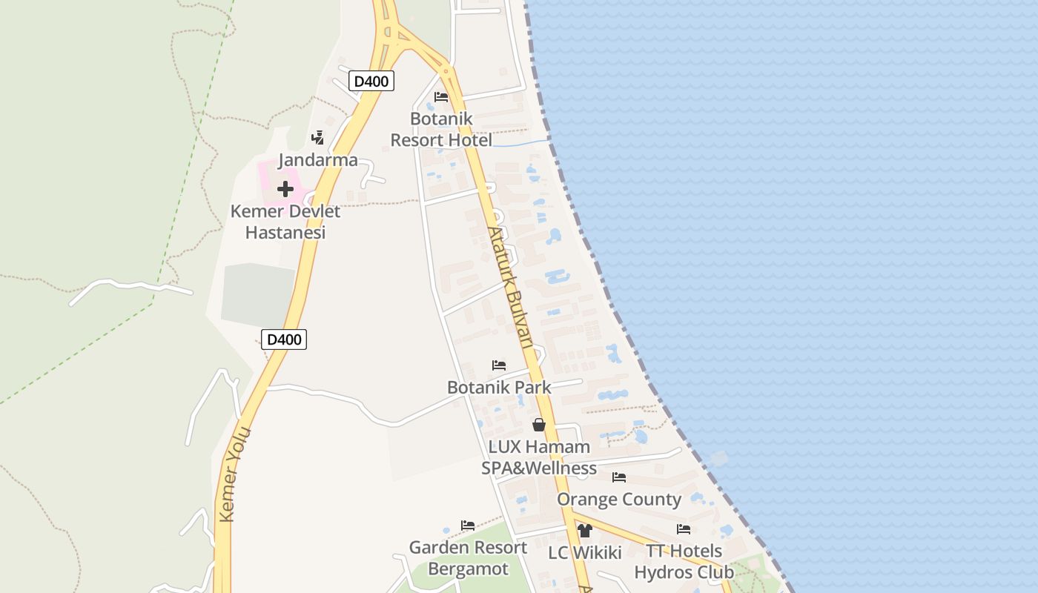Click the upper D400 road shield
(371, 81)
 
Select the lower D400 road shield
(284, 339)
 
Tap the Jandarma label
(318, 160)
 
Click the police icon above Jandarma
(318, 137)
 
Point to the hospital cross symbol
(285, 189)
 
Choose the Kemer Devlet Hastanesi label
(285, 222)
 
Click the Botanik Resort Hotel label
(441, 130)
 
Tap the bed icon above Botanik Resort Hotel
(441, 97)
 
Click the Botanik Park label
(499, 387)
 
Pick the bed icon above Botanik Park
(499, 365)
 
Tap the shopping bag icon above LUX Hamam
(539, 425)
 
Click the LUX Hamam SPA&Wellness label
(539, 457)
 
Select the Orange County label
(619, 500)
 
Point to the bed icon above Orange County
(619, 477)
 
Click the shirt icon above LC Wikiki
(585, 531)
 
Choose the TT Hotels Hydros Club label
(684, 562)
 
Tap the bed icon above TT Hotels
(684, 529)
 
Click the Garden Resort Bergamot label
(468, 558)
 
